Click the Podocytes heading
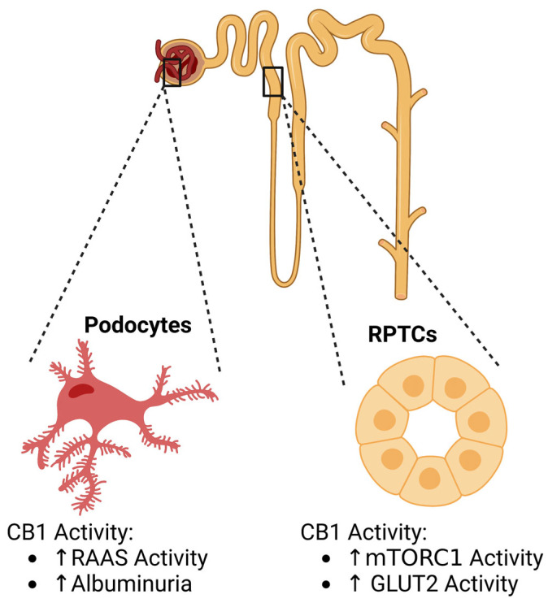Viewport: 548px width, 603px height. point(138,327)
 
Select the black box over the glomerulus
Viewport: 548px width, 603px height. point(172,73)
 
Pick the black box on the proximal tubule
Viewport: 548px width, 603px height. point(272,82)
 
